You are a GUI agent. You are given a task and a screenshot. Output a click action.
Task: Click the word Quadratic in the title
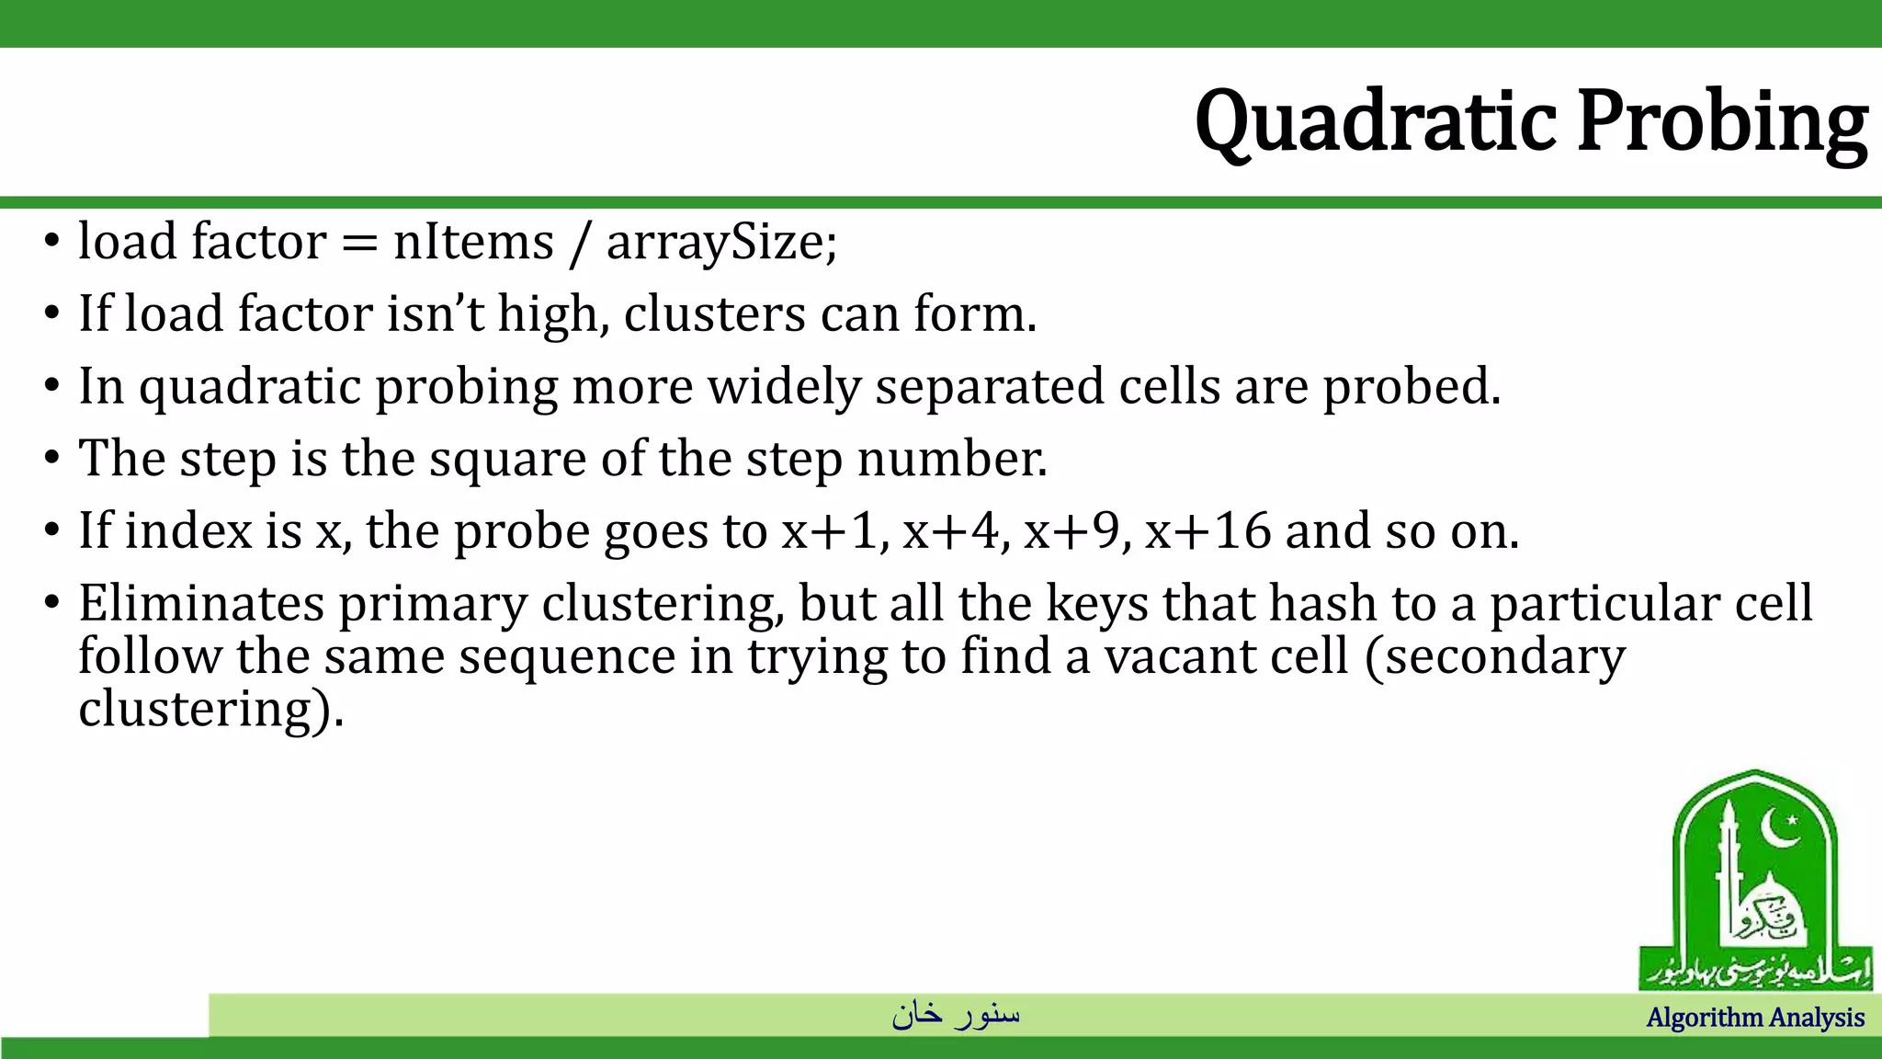(1376, 122)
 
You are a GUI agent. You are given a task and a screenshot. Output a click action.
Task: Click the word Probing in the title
(1722, 122)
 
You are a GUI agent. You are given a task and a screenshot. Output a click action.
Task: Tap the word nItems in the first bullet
(473, 243)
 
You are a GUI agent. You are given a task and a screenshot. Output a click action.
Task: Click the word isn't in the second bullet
(435, 314)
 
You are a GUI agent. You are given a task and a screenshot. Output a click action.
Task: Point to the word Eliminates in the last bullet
(201, 604)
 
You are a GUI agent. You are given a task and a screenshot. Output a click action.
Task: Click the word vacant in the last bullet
(1167, 657)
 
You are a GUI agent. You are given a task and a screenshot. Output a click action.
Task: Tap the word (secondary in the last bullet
(1495, 657)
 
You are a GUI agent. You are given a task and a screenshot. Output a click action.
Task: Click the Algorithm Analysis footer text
(1754, 1018)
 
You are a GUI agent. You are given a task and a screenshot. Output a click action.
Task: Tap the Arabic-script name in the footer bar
(956, 1014)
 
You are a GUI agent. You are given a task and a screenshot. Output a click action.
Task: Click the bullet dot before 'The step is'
(52, 459)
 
